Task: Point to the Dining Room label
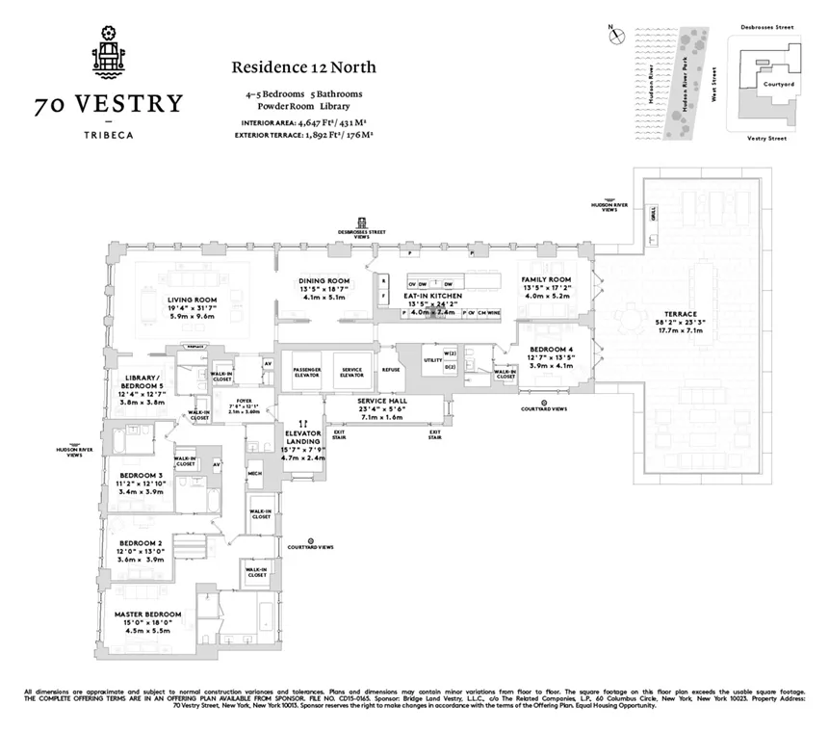click(323, 281)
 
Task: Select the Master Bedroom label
click(148, 614)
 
